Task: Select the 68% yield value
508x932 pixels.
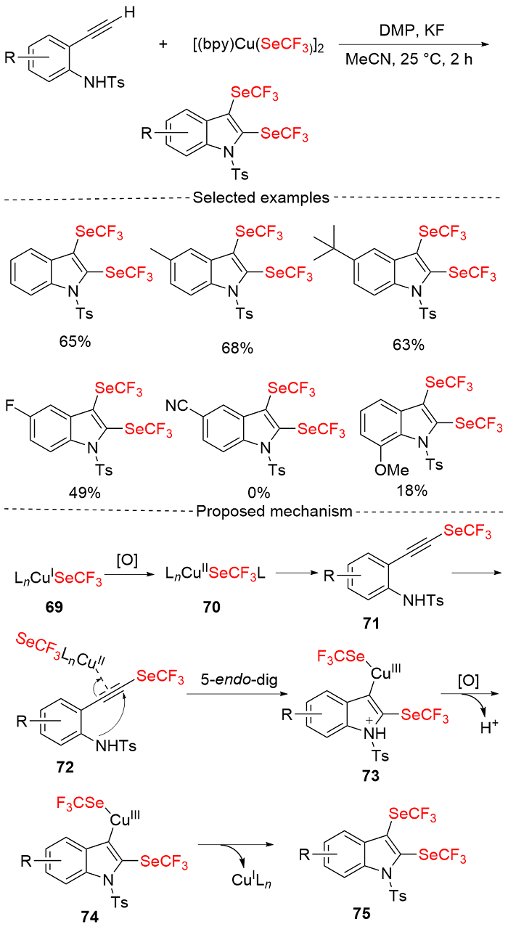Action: (x=237, y=348)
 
